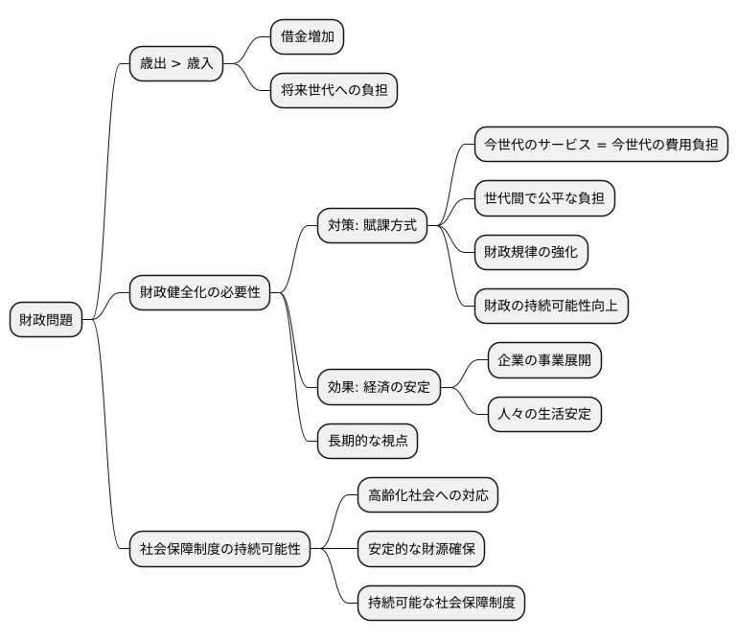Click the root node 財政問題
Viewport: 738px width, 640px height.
pos(46,320)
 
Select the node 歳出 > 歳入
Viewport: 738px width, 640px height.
pos(176,65)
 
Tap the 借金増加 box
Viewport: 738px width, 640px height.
pos(307,36)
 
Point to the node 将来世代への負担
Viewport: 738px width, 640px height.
pos(334,91)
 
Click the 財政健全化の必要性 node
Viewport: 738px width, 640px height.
pos(200,292)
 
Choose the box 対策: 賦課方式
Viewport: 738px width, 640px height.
pos(372,226)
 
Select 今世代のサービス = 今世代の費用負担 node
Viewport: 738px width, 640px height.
pos(602,145)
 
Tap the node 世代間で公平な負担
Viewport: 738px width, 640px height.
pos(544,198)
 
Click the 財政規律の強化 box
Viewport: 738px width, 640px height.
pos(531,252)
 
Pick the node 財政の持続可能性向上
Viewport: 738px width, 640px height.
pos(552,306)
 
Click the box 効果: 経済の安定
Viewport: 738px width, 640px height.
pos(379,387)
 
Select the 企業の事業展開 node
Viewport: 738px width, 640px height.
pos(544,360)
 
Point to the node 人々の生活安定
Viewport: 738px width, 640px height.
pos(544,414)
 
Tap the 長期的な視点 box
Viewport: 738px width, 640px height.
pos(367,441)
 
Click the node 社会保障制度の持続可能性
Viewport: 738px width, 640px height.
pos(220,550)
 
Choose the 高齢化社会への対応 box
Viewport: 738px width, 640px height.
pos(427,495)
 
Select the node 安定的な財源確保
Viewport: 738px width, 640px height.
pos(421,549)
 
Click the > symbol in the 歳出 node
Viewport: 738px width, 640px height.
pos(175,65)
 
